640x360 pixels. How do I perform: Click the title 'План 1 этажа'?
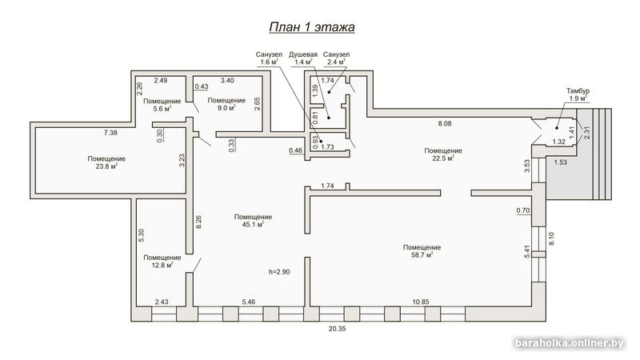tap(312, 27)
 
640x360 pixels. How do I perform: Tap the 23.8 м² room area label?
tap(106, 162)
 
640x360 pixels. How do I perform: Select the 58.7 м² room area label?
tap(422, 251)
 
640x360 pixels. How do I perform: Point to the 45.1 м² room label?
tap(253, 221)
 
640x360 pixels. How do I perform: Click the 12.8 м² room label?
tap(162, 262)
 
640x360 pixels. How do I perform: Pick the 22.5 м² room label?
tap(443, 154)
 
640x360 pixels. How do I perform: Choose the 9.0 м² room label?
tap(226, 104)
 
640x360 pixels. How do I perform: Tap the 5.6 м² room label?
tap(162, 105)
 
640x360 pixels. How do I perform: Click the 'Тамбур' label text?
tap(578, 91)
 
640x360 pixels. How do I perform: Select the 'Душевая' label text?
tap(303, 54)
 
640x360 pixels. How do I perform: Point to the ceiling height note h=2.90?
tap(279, 272)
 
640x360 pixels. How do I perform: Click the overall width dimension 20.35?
tap(337, 329)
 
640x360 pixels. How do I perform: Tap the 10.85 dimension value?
tap(421, 302)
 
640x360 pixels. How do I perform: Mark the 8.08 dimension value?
tap(445, 123)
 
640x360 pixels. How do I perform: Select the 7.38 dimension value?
tap(110, 133)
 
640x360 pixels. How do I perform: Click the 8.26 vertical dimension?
tap(198, 222)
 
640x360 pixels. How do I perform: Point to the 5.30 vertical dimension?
tap(142, 235)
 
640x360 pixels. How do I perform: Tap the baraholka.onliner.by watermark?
tap(570, 343)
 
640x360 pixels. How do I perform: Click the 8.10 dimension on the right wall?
tap(551, 238)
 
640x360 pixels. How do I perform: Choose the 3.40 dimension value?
tap(227, 81)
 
